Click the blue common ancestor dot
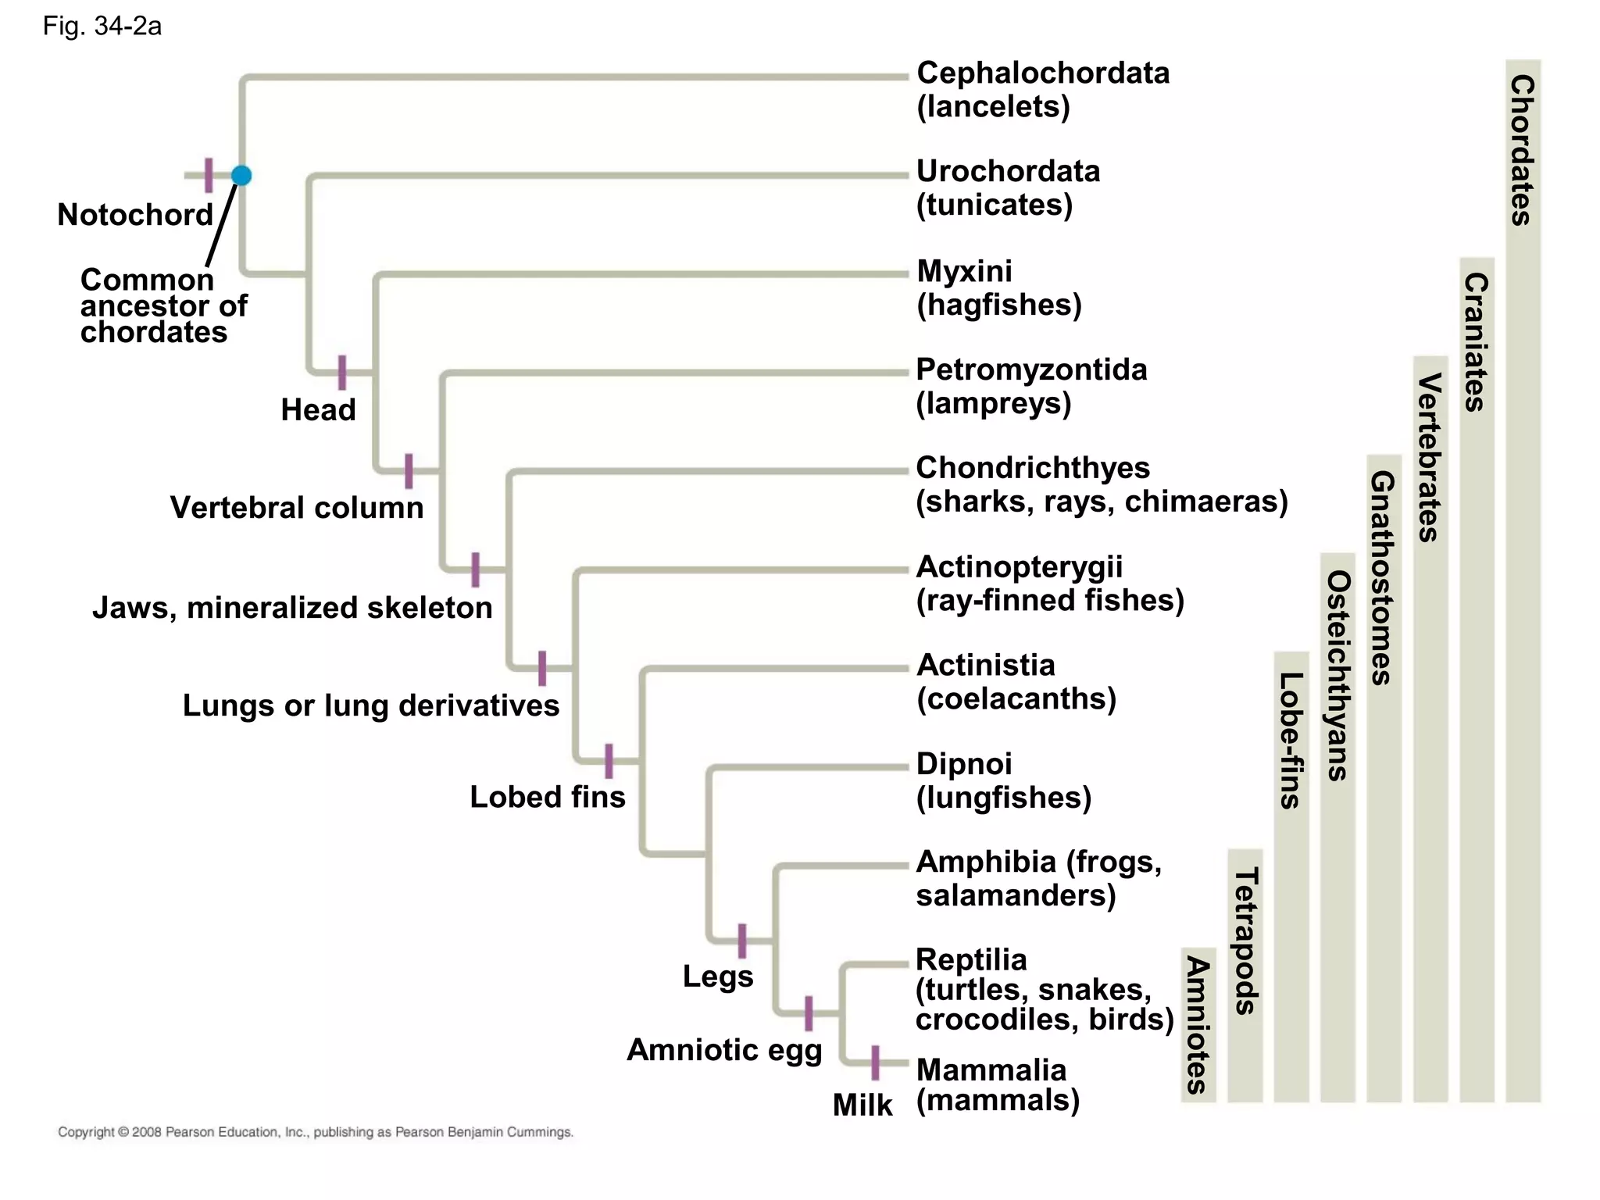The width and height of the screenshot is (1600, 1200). click(241, 176)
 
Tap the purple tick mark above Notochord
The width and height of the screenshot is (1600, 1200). click(209, 175)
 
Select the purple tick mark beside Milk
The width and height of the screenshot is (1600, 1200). click(875, 1062)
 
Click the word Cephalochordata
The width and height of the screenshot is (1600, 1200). click(1043, 73)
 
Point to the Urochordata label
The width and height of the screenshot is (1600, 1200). click(1008, 172)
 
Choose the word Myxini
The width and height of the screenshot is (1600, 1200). click(964, 272)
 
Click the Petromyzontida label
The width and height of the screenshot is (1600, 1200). click(1031, 370)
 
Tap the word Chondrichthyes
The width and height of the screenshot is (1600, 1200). click(1033, 469)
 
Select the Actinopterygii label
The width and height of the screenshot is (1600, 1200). click(1019, 567)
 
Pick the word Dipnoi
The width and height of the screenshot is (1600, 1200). click(964, 764)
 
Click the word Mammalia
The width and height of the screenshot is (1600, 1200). click(991, 1070)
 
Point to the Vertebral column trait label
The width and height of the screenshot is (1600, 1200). click(297, 508)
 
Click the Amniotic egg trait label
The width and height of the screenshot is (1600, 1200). click(724, 1050)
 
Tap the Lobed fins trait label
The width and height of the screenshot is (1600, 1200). click(547, 797)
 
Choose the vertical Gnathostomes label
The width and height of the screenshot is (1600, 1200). click(1383, 578)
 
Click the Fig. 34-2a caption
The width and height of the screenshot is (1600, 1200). click(102, 27)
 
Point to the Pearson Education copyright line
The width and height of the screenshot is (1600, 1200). click(316, 1132)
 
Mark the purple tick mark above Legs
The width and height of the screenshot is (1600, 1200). click(742, 941)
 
